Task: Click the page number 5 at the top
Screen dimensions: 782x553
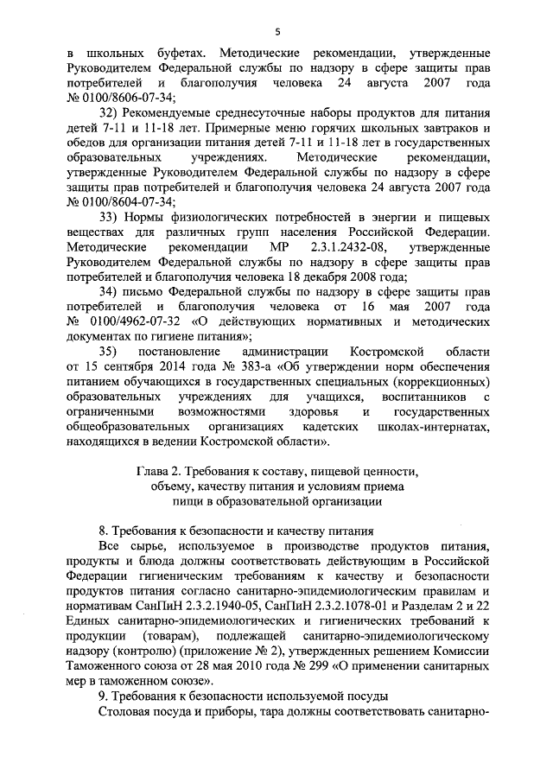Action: tap(277, 32)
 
